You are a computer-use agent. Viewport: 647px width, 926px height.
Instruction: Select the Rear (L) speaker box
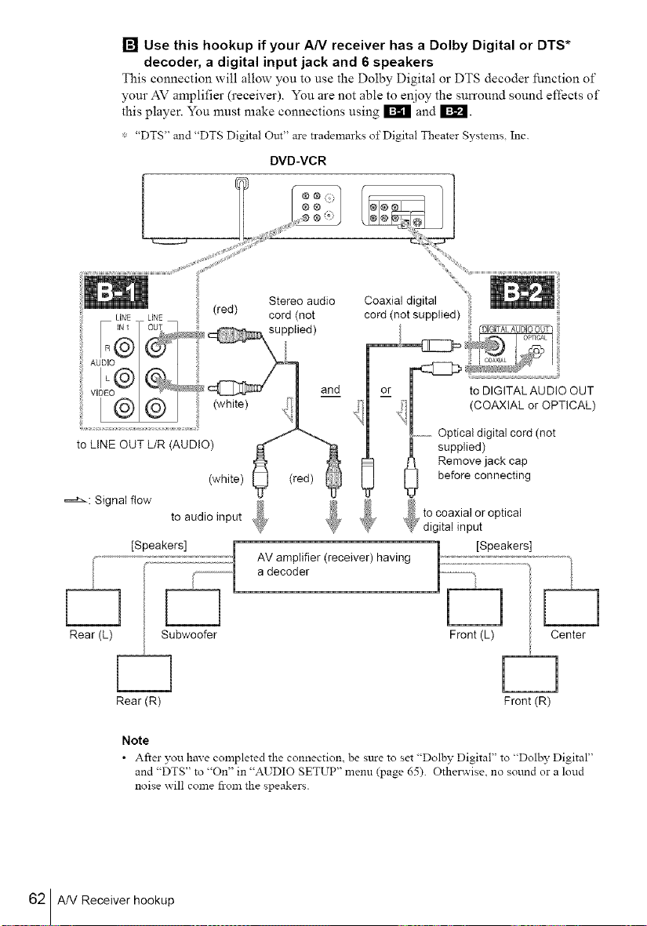(x=93, y=607)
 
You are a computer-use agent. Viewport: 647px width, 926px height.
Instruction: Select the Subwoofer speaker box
(x=193, y=607)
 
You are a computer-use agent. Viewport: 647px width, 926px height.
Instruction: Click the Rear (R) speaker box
(x=144, y=674)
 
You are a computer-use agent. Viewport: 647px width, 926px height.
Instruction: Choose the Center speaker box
(x=571, y=607)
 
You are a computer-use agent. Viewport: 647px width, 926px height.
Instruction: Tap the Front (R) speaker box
(x=529, y=674)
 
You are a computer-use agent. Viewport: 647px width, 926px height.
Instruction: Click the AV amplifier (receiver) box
(x=336, y=566)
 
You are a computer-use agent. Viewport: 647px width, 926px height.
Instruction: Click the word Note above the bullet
(x=136, y=740)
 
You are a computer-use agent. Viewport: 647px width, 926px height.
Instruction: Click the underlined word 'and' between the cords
(x=330, y=390)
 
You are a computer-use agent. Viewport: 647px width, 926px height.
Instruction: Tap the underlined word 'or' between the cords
(x=386, y=390)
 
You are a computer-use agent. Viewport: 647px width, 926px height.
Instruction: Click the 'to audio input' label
(x=206, y=517)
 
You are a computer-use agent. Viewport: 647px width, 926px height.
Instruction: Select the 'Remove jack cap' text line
(x=482, y=461)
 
